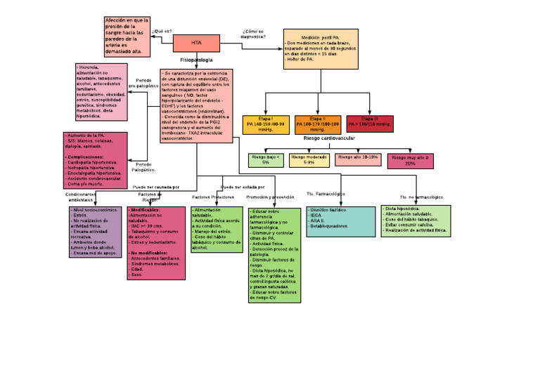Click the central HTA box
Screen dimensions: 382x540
tap(196, 43)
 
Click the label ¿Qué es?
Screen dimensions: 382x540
tap(162, 32)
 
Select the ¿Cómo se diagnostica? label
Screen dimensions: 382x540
tap(253, 34)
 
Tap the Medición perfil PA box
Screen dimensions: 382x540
tap(321, 48)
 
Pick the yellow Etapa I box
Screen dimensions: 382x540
tap(265, 124)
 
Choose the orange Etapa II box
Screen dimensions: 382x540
tap(317, 124)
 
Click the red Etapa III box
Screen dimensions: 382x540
tap(370, 124)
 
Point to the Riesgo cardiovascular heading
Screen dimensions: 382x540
tap(329, 139)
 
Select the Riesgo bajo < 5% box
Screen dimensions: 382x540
tap(266, 159)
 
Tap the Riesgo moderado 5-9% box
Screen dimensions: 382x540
tap(309, 159)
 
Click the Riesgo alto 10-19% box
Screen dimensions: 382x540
tap(358, 159)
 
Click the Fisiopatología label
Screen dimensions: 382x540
tap(196, 60)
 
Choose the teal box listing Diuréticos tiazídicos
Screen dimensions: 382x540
tap(340, 221)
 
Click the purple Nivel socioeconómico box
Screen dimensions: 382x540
tap(95, 232)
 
